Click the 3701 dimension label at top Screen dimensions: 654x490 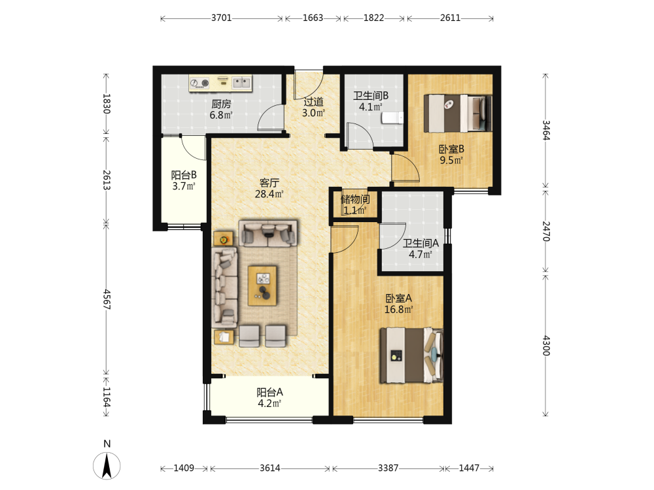click(x=221, y=18)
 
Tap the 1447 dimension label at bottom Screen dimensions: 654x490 click(x=469, y=468)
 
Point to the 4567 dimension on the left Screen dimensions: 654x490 click(x=107, y=299)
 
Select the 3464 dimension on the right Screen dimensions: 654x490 click(x=545, y=130)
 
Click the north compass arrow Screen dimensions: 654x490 click(x=107, y=465)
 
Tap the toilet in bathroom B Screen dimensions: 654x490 click(x=392, y=118)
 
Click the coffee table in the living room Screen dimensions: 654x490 click(x=262, y=286)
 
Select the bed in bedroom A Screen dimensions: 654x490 click(x=411, y=355)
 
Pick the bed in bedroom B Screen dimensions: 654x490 click(x=458, y=113)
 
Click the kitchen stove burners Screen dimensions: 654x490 click(x=199, y=84)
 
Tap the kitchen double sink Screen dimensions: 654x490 click(x=241, y=82)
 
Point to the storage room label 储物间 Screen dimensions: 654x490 click(x=355, y=199)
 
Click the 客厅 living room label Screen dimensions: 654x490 click(x=269, y=182)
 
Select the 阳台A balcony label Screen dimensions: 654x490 click(x=269, y=392)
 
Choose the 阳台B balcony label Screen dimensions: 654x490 click(x=184, y=175)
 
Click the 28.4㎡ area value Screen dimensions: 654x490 click(x=269, y=194)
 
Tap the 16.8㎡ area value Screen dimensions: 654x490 click(x=398, y=309)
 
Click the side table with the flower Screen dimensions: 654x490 click(x=224, y=239)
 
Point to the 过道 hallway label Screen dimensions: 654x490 click(x=313, y=102)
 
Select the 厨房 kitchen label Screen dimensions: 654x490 click(x=221, y=104)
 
